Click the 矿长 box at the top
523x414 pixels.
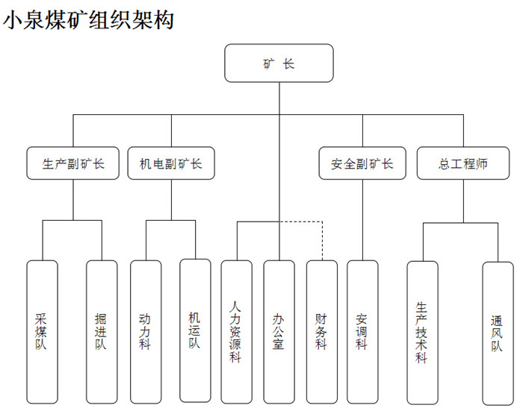point(279,63)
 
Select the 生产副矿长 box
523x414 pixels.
point(73,164)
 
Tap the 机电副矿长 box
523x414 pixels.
point(171,164)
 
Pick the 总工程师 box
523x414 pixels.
point(463,164)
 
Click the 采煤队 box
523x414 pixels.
point(42,331)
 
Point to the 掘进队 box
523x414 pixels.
point(102,331)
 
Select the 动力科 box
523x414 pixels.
point(146,331)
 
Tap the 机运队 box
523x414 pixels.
point(195,331)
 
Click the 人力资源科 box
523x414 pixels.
point(236,331)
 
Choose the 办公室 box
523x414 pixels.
point(279,331)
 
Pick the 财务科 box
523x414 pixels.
point(321,331)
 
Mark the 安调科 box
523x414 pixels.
point(362,331)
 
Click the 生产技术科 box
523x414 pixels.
point(422,331)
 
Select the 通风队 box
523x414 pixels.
point(498,331)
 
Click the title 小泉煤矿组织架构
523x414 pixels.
point(89,20)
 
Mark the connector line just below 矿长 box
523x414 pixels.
point(279,97)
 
